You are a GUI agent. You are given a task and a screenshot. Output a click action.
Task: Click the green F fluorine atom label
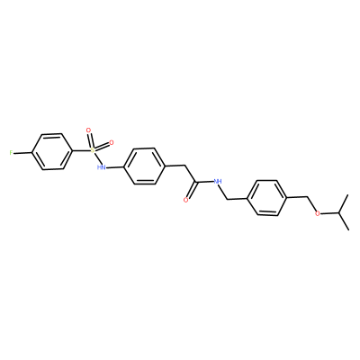click(11, 153)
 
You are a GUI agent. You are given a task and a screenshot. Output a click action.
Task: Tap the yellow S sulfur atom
click(93, 149)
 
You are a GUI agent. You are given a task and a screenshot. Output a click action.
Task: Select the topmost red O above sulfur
click(88, 130)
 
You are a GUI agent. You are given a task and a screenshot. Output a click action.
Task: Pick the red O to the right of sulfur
click(112, 142)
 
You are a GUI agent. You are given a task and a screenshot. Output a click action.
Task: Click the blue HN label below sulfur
click(102, 167)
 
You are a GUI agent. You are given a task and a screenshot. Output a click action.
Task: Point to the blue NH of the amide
click(217, 181)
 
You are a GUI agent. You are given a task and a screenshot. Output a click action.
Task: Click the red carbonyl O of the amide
click(186, 200)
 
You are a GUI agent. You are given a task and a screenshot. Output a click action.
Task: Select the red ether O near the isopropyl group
click(318, 214)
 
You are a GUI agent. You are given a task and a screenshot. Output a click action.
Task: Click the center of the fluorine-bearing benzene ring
click(52, 152)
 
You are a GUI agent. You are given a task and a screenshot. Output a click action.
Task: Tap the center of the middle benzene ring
click(145, 166)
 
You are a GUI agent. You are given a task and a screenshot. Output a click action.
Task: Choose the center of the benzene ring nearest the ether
click(267, 198)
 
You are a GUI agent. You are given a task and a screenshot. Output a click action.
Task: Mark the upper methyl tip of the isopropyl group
click(348, 195)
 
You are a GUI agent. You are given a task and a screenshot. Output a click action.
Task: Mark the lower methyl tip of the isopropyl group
click(348, 229)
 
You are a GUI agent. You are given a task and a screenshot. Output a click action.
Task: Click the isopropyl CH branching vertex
click(338, 212)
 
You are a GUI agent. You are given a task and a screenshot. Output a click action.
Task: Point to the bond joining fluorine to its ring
click(22, 153)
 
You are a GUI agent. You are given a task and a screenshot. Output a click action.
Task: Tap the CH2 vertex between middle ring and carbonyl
click(185, 166)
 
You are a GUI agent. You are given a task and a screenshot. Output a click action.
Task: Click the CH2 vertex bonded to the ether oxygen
click(308, 197)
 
